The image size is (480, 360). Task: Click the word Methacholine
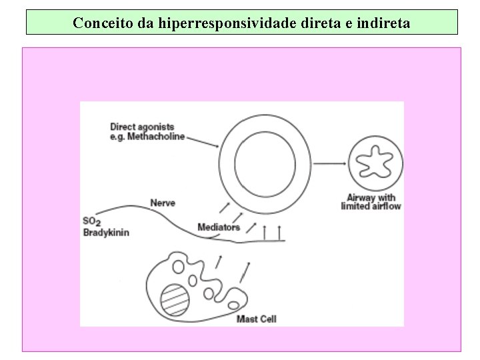[x=158, y=137]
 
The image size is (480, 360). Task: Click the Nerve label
[x=163, y=203]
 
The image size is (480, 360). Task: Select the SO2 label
[x=91, y=221]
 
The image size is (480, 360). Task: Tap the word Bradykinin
[x=105, y=233]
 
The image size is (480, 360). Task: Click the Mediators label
[x=219, y=227]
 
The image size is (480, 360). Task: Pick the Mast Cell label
[x=256, y=319]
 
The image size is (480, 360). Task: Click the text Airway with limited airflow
[x=371, y=202]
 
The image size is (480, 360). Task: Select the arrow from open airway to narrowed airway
[x=329, y=163]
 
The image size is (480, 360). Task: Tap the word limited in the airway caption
[x=355, y=207]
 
